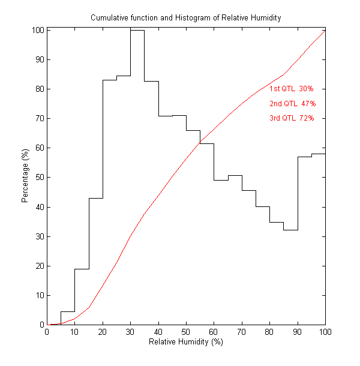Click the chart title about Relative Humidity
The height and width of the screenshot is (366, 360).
click(185, 17)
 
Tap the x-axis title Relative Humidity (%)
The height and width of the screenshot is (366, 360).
click(185, 342)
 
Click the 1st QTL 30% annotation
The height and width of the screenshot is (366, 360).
click(287, 89)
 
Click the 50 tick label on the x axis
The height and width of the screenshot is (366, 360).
click(186, 332)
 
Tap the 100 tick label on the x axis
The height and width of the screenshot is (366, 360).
click(325, 332)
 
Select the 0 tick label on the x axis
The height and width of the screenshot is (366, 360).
click(47, 332)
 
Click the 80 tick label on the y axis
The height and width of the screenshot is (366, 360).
click(38, 89)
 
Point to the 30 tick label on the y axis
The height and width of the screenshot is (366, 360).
click(38, 236)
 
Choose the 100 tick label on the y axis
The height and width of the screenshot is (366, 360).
click(37, 30)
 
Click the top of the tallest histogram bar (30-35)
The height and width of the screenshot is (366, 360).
click(137, 30)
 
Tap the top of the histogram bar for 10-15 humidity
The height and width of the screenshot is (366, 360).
click(82, 269)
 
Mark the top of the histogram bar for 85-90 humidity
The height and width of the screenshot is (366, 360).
click(290, 230)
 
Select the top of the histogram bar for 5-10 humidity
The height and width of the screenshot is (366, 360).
click(68, 311)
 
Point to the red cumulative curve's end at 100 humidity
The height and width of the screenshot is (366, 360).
click(325, 30)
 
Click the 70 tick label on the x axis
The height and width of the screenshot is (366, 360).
click(242, 332)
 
